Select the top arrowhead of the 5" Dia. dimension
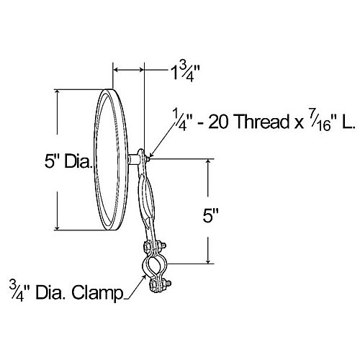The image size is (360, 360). point(57,92)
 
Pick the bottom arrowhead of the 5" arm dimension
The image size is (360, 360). point(209,262)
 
